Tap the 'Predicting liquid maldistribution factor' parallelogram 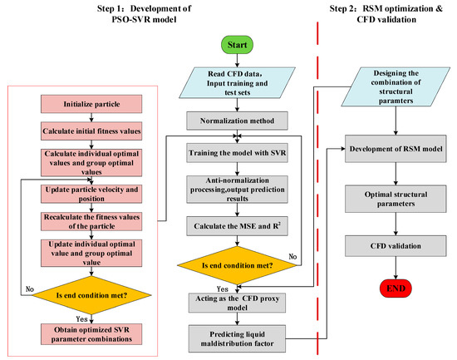tap(237, 338)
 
